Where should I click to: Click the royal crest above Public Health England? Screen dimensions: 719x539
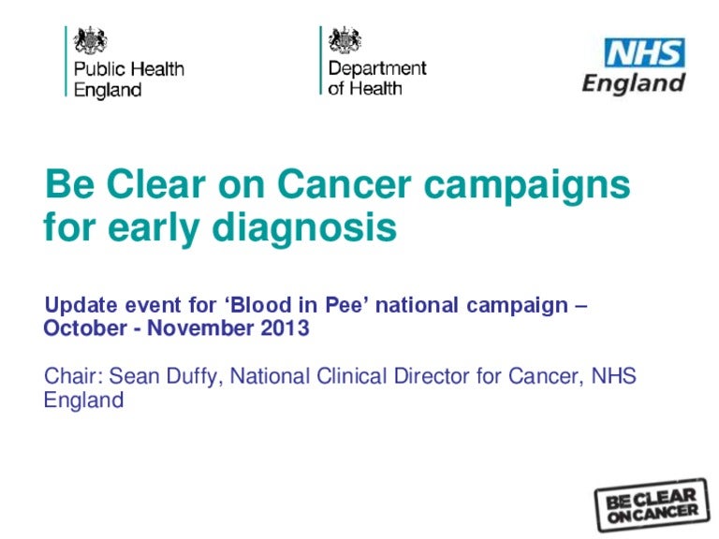pyautogui.click(x=90, y=40)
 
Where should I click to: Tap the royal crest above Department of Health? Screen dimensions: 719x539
pyautogui.click(x=345, y=40)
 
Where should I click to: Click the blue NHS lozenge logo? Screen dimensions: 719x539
pyautogui.click(x=645, y=52)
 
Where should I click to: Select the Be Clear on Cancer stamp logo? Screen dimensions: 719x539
pyautogui.click(x=652, y=504)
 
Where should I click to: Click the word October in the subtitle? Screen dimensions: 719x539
pyautogui.click(x=85, y=328)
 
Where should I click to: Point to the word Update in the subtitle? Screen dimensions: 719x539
pyautogui.click(x=81, y=306)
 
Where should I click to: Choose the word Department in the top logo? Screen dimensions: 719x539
pyautogui.click(x=377, y=69)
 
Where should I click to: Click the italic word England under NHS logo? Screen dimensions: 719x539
pyautogui.click(x=634, y=84)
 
